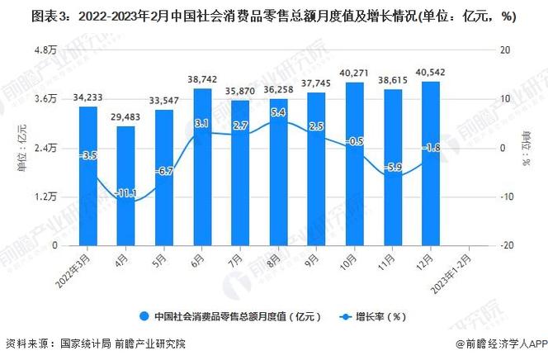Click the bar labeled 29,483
125,185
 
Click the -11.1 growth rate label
125,192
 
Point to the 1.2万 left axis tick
45,197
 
